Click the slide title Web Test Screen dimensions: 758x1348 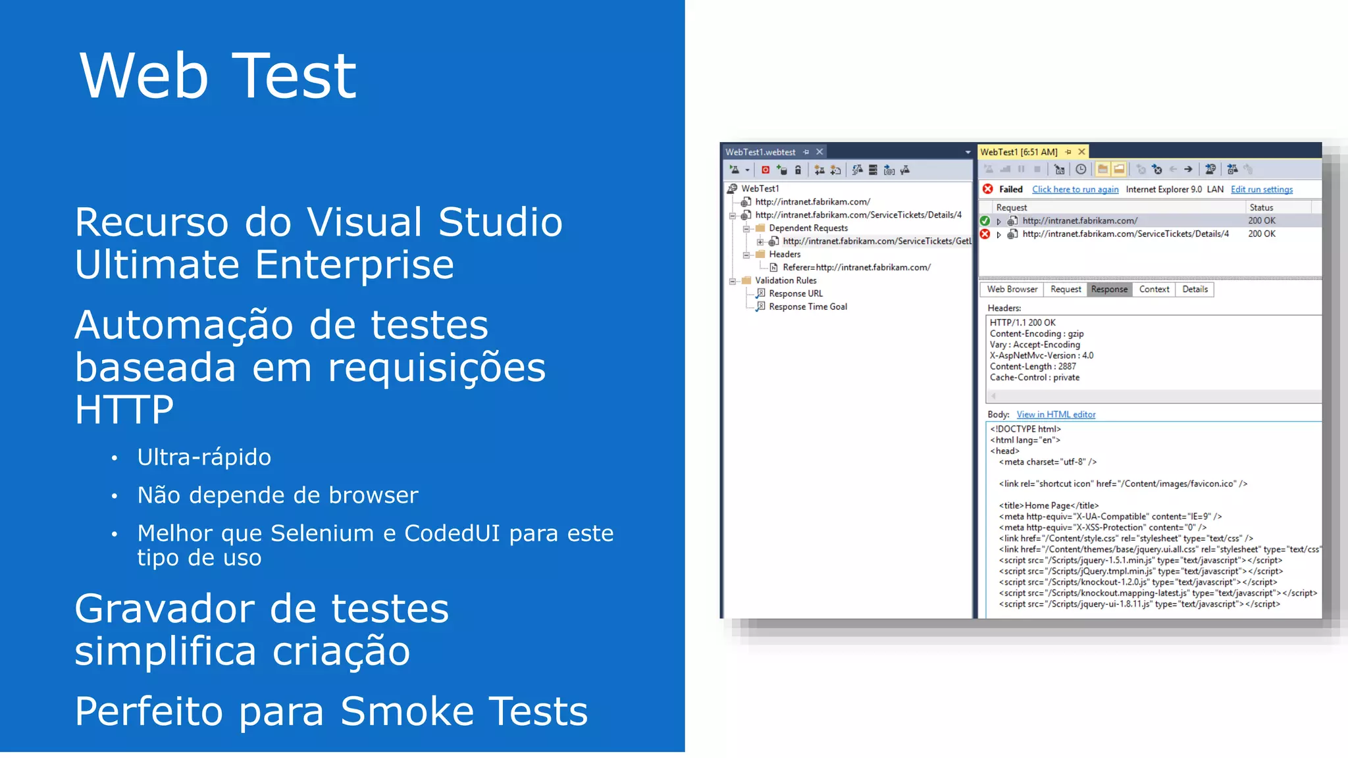(x=217, y=76)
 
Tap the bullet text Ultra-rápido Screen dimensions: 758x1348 (x=204, y=457)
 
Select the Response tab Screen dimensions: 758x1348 (x=1109, y=290)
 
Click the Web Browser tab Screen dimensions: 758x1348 (x=1012, y=290)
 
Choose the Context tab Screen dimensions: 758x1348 (x=1154, y=290)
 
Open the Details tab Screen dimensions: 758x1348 (x=1195, y=290)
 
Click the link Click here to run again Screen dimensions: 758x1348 (x=1075, y=189)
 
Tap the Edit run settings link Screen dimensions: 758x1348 (x=1261, y=189)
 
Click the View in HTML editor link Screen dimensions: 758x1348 (x=1056, y=415)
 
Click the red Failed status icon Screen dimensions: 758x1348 (x=988, y=189)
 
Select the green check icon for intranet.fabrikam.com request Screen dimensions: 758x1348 (x=985, y=221)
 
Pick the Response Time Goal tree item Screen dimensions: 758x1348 (x=808, y=307)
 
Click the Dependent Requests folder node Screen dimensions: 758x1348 (x=808, y=228)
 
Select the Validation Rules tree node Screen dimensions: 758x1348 (x=785, y=280)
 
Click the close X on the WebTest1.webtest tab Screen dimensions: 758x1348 (x=819, y=152)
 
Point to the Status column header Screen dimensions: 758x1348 (x=1261, y=207)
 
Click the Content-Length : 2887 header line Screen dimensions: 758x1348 (x=1032, y=366)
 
